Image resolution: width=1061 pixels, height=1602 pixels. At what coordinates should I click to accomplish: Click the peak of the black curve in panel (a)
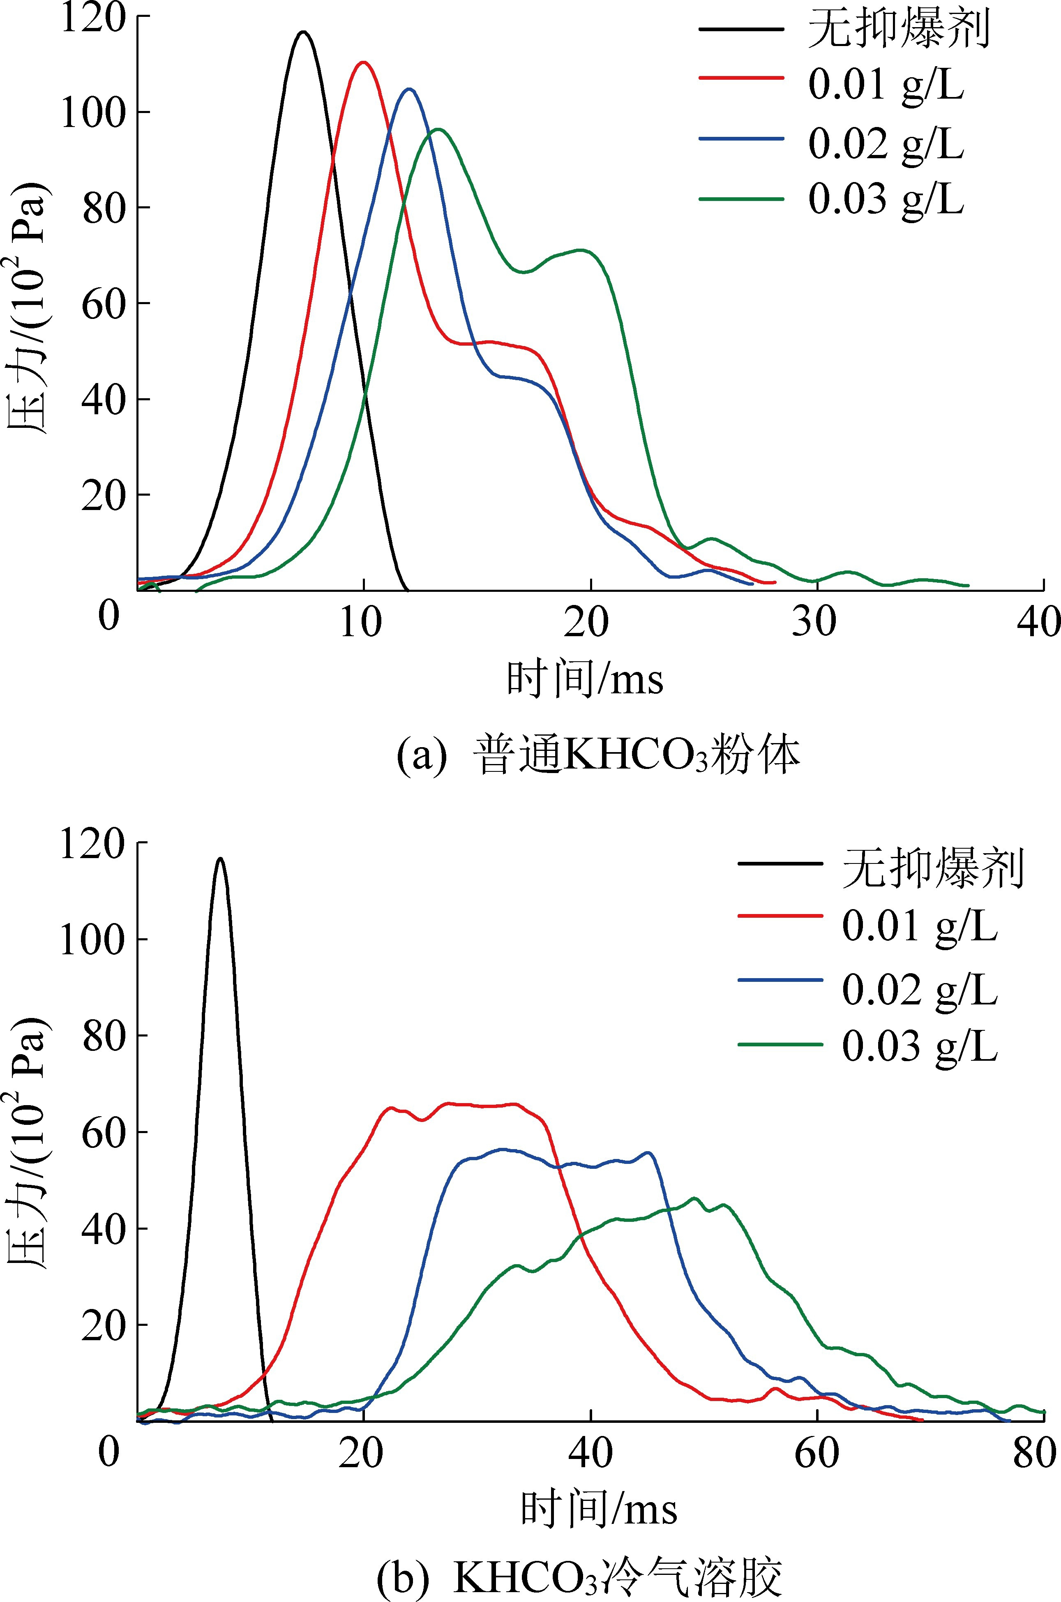click(x=304, y=32)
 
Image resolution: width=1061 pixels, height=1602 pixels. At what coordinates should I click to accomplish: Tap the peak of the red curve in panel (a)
click(x=363, y=62)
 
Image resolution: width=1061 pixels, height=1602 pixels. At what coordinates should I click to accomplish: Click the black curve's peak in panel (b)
click(x=220, y=859)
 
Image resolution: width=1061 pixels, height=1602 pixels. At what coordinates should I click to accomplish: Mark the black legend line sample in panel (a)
click(x=741, y=29)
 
